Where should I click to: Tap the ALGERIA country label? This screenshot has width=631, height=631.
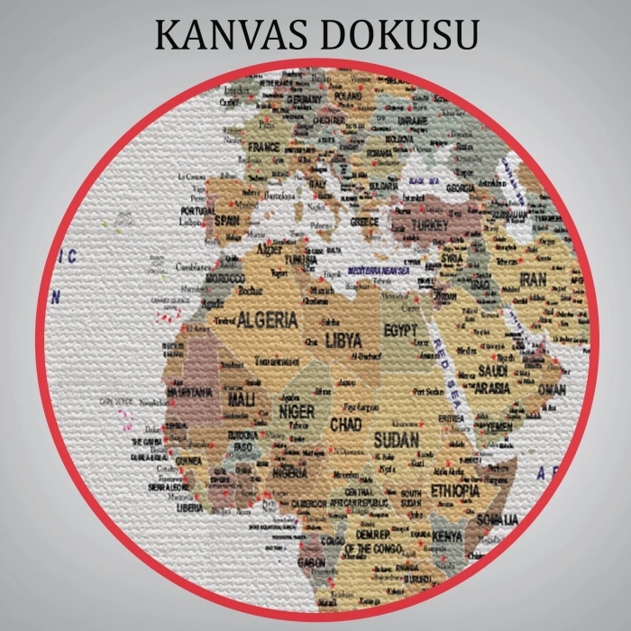tap(267, 319)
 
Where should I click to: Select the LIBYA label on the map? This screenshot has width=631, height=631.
tap(343, 341)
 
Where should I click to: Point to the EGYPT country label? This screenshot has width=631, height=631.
tap(401, 331)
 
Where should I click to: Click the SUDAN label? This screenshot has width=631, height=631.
tap(396, 440)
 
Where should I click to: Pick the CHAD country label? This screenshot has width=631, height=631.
tap(346, 424)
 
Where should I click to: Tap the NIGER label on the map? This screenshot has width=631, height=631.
tap(297, 412)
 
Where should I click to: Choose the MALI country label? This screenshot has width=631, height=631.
tap(241, 398)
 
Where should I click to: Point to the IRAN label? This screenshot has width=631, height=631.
tap(533, 280)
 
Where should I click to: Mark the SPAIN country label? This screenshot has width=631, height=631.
tap(225, 220)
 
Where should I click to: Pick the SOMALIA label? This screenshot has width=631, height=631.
tap(498, 519)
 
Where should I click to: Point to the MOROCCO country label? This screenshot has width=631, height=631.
tap(225, 279)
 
